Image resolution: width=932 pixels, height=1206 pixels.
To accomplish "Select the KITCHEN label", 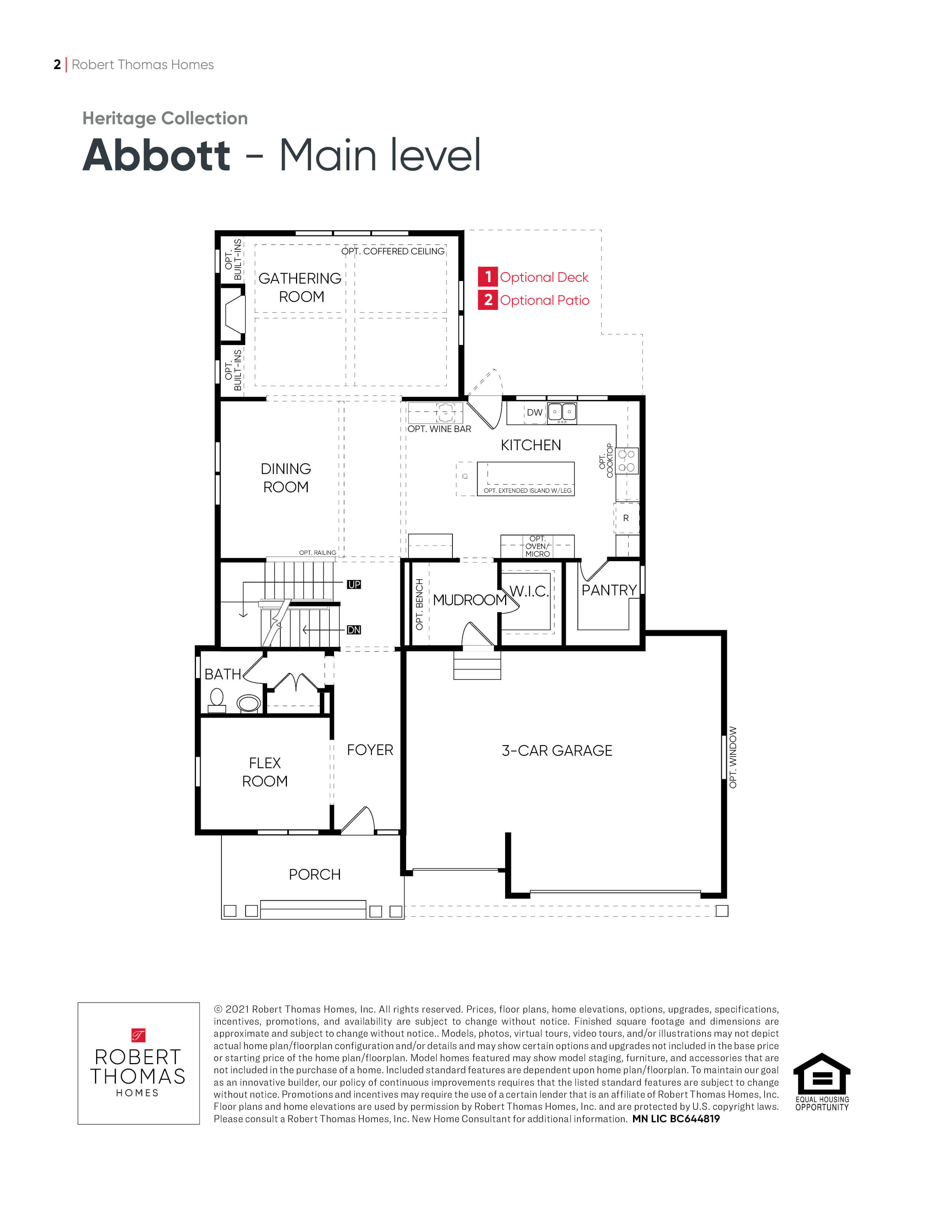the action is tap(531, 445).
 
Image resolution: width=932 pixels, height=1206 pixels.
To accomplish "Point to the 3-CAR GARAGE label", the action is tap(557, 750).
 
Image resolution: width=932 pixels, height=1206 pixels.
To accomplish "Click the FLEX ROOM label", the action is tap(265, 772).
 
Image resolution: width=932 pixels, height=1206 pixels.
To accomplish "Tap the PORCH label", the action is tap(315, 874).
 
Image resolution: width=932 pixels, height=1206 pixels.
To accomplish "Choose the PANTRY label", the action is tap(609, 590).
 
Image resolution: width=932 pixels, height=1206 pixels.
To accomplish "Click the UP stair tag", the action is tap(354, 584).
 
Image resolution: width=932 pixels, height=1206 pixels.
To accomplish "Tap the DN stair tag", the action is tap(354, 630).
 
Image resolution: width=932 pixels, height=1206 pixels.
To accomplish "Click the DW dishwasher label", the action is tap(534, 413).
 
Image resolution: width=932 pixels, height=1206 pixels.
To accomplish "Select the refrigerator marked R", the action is tap(626, 518).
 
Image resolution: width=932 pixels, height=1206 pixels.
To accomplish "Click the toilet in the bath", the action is tap(217, 701).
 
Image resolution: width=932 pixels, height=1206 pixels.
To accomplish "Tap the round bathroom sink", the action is tap(249, 703).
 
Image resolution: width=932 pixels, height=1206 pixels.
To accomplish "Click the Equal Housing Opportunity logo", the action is tap(822, 1083).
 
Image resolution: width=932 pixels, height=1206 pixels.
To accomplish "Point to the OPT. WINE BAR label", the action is tap(439, 429).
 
